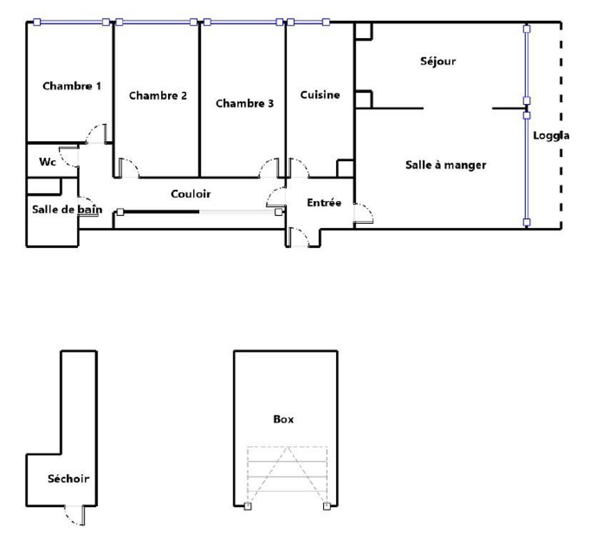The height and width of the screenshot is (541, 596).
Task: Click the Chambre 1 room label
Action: tap(72, 86)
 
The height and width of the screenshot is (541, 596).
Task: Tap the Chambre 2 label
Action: tap(158, 95)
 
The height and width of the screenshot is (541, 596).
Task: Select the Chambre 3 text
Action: tap(245, 103)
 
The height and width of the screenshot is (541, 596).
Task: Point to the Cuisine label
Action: tap(320, 95)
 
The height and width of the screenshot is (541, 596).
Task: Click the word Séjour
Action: tap(438, 61)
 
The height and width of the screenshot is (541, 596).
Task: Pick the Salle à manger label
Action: tap(446, 165)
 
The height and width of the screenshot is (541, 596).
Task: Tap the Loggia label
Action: tap(551, 136)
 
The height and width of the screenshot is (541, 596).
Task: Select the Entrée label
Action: tap(324, 203)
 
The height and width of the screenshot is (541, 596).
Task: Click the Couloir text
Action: tap(191, 194)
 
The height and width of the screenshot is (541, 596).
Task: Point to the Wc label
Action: tap(48, 162)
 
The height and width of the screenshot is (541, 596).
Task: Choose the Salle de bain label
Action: tap(67, 209)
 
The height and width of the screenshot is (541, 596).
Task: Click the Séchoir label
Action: tap(69, 478)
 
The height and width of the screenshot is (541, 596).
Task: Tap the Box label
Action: tap(284, 419)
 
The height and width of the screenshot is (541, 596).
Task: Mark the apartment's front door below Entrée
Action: tap(299, 237)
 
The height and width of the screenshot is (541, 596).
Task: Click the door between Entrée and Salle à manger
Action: tap(364, 213)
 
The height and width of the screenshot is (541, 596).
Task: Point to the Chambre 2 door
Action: tap(129, 168)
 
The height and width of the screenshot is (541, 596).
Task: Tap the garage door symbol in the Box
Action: tap(287, 477)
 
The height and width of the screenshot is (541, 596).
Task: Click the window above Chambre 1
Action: tap(72, 22)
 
